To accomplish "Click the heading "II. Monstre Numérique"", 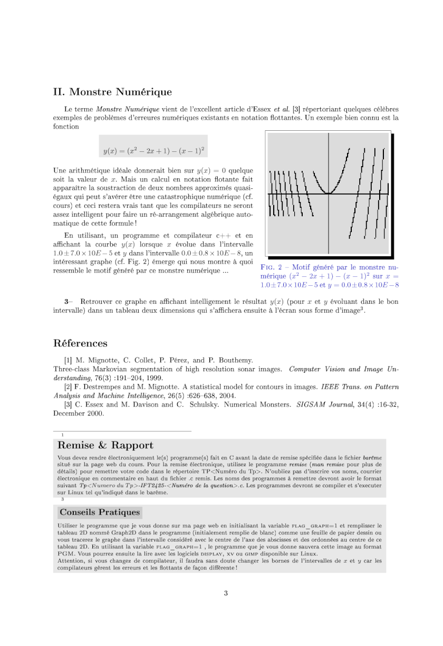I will [112, 92].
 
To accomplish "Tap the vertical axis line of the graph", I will [329, 221].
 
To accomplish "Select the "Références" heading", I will [80, 343].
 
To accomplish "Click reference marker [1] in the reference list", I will [68, 360].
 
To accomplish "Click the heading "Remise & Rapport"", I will [106, 446].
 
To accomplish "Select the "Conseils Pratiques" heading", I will [100, 512].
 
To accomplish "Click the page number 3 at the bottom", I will [226, 593].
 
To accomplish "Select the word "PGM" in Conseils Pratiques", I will [64, 554].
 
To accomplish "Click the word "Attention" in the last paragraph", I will [69, 561].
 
